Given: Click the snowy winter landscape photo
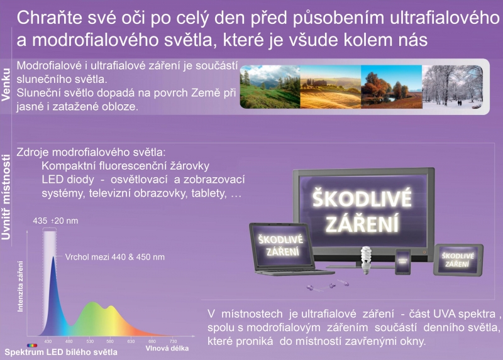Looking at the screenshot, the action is (x=452, y=87).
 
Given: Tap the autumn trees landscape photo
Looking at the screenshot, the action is (x=391, y=87).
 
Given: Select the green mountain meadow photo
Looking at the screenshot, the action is (x=270, y=87).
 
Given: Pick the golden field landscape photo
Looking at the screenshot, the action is (x=331, y=87).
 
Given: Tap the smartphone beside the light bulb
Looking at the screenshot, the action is (x=403, y=261).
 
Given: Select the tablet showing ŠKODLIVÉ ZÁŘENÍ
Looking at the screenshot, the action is (x=458, y=259).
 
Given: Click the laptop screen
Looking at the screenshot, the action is (x=281, y=246).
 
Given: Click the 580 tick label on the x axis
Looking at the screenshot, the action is (x=110, y=341).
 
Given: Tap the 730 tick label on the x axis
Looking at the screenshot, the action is (x=174, y=341).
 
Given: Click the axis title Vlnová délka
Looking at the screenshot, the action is (x=167, y=348).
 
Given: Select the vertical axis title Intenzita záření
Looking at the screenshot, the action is (x=20, y=286).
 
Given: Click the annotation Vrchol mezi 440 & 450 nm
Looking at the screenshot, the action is (x=115, y=257).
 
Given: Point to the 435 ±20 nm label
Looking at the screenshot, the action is (x=55, y=221).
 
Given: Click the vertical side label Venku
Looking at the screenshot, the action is (x=6, y=85).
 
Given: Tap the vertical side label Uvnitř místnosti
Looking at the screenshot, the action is (x=6, y=197).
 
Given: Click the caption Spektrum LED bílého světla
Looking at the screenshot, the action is (x=61, y=352).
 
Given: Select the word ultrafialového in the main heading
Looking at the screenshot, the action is (x=445, y=18).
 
